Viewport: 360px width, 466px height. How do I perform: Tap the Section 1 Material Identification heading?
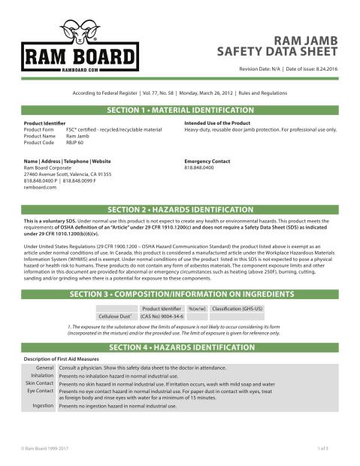click(x=180, y=110)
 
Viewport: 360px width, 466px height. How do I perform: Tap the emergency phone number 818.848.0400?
click(x=200, y=168)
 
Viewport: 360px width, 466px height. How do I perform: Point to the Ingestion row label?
click(x=41, y=405)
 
